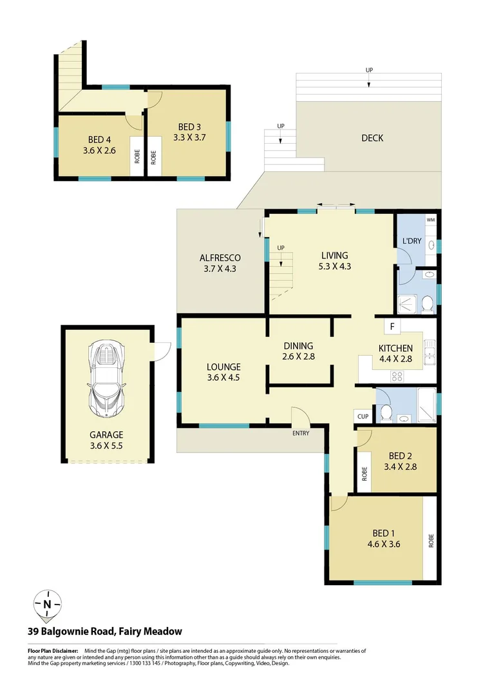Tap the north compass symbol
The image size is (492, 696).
pos(47,604)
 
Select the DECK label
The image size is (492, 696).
pos(372,138)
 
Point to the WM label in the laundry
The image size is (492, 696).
pos(431,220)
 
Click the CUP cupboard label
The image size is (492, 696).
pos(363,417)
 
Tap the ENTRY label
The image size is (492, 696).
pos(301,433)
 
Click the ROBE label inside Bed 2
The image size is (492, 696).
pos(364,474)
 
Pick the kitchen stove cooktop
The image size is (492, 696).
pos(397,376)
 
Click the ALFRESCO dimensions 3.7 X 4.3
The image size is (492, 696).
pos(220,269)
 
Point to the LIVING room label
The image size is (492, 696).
pos(334,255)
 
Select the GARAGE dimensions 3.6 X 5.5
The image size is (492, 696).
pos(107,445)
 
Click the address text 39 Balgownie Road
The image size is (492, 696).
pos(104,632)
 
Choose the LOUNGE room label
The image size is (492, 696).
pos(223,367)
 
